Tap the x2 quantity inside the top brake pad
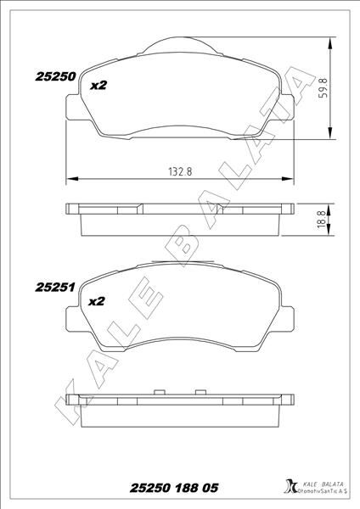click(x=98, y=85)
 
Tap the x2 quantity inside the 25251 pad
click(x=96, y=301)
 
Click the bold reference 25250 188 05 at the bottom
click(x=177, y=488)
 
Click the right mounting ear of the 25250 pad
click(x=288, y=106)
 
